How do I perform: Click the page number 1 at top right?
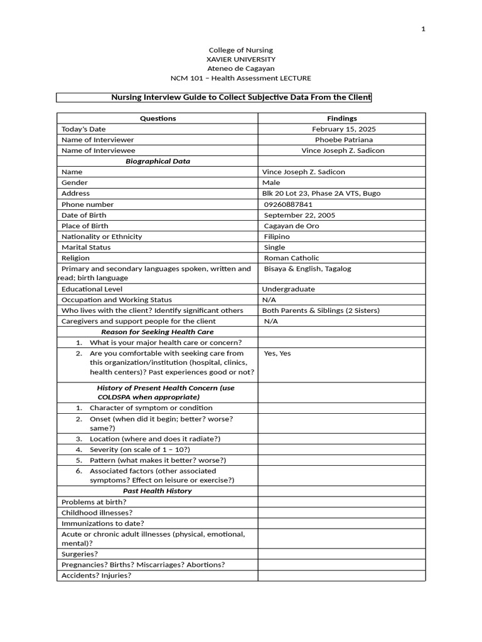[x=423, y=29]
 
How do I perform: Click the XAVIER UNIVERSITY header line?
[x=241, y=59]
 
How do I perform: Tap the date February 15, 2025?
[x=344, y=129]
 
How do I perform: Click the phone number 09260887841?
[x=288, y=204]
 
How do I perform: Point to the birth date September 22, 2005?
[x=299, y=215]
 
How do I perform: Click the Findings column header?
[x=341, y=118]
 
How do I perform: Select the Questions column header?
[x=158, y=118]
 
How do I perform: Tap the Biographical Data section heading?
[x=158, y=161]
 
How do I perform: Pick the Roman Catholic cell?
[x=291, y=258]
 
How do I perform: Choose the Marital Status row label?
[x=86, y=247]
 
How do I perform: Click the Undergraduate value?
[x=288, y=289]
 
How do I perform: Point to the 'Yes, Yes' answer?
[x=277, y=353]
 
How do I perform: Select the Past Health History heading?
[x=158, y=491]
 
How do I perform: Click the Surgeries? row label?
[x=80, y=554]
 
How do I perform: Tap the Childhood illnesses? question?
[x=97, y=512]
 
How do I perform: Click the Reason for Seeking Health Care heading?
[x=158, y=332]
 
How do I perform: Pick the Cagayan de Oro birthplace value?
[x=291, y=226]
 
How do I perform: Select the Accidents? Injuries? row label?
[x=96, y=576]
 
